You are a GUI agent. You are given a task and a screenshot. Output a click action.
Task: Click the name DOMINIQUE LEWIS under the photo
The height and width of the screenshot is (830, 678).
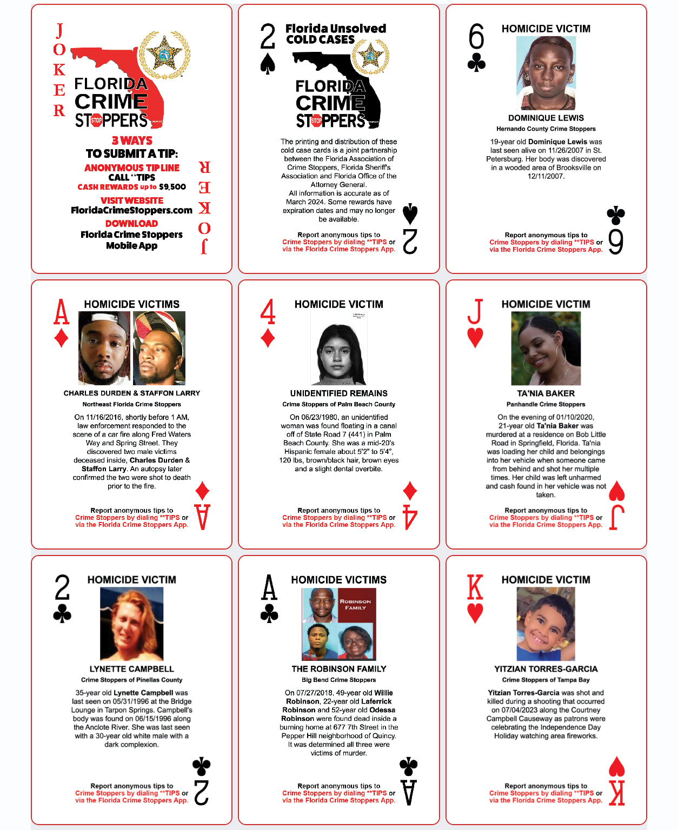[546, 118]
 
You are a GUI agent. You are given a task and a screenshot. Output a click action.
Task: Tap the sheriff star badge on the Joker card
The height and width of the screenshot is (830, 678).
[164, 55]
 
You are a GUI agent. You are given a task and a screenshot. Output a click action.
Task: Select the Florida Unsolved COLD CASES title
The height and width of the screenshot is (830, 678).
[335, 34]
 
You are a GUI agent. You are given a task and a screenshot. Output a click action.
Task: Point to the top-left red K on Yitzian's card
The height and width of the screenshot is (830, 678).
[475, 587]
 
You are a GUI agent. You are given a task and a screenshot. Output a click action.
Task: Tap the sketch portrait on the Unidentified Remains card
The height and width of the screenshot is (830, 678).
[338, 349]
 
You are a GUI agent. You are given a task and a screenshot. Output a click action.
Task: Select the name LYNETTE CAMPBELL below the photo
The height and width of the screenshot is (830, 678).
[131, 669]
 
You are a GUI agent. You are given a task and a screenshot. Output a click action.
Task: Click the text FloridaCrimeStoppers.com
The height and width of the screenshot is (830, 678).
[131, 210]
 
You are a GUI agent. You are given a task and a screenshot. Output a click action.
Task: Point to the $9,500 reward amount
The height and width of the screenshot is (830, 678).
[172, 187]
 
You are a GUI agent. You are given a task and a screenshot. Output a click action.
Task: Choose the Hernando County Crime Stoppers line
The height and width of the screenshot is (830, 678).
[546, 129]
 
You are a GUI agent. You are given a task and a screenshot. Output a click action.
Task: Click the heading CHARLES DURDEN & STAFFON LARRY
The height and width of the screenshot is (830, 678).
[131, 393]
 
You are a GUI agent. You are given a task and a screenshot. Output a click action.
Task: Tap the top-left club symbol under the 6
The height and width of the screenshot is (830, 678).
[476, 64]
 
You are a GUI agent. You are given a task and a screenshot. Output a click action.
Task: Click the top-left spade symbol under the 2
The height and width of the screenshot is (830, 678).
[268, 64]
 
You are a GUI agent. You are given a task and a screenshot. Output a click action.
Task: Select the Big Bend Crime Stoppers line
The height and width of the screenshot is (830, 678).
[338, 680]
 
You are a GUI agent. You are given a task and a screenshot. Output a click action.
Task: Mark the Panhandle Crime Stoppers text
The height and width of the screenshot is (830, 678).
[546, 404]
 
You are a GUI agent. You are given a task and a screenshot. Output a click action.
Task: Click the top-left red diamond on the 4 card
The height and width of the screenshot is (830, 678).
[268, 339]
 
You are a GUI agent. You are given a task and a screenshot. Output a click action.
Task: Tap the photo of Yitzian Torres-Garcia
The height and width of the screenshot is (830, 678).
[546, 624]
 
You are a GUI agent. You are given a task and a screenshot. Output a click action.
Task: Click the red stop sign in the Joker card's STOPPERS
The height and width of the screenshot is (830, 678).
[96, 120]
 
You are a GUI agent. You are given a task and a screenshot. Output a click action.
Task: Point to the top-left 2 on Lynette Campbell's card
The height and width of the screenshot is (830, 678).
[62, 587]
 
